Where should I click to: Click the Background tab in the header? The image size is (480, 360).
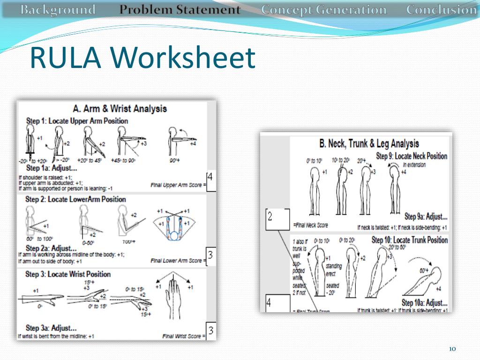(58, 10)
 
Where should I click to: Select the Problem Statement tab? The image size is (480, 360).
(180, 10)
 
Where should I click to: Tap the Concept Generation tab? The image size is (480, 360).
(324, 10)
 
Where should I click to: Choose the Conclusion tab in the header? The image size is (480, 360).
(441, 10)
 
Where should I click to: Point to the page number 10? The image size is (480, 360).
(452, 349)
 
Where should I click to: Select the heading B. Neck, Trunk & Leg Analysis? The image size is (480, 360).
(369, 143)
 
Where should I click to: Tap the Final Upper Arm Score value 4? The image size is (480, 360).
(210, 178)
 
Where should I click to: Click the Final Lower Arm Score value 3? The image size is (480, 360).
(210, 256)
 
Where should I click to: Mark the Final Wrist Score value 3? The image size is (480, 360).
(210, 331)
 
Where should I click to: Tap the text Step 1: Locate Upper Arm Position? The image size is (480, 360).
(77, 121)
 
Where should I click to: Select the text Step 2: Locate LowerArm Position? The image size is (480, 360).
(75, 199)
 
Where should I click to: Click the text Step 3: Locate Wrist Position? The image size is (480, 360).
(68, 274)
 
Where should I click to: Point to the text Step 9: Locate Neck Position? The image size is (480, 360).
(412, 156)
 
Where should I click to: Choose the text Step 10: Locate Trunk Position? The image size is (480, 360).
(410, 240)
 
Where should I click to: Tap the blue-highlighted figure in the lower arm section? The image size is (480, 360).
(175, 224)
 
